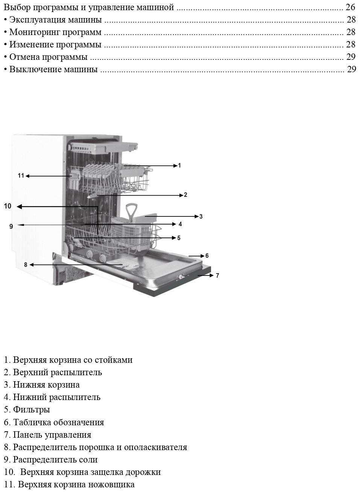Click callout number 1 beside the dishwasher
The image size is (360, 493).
[x=179, y=165]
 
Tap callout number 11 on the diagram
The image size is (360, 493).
[x=21, y=175]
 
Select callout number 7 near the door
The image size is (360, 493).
[x=217, y=275]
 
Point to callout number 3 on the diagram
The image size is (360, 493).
[x=201, y=216]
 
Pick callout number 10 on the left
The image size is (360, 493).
[x=8, y=206]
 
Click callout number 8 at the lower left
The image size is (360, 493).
[x=26, y=265]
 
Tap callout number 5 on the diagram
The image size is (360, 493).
[x=179, y=238]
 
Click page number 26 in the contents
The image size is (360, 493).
[x=351, y=7]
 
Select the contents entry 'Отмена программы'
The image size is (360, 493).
[x=48, y=57]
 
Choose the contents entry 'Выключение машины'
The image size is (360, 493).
[x=53, y=70]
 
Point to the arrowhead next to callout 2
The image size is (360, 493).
[x=181, y=195]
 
